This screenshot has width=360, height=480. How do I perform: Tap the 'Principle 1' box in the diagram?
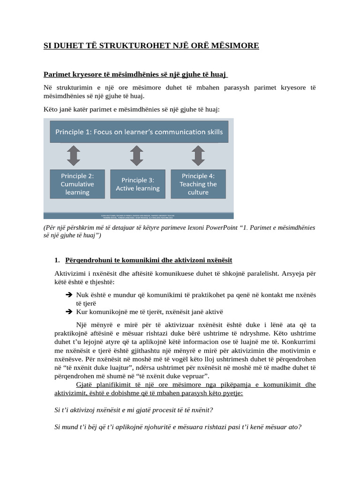click(x=139, y=132)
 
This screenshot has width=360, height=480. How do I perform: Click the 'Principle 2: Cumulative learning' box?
click(x=77, y=184)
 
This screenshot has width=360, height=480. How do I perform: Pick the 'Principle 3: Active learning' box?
click(x=138, y=184)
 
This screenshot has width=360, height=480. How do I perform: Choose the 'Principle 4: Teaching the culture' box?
click(x=198, y=184)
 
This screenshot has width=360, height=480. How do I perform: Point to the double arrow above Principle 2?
click(x=74, y=156)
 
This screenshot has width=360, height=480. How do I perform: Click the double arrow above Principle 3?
click(x=136, y=156)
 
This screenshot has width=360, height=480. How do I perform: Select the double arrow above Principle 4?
click(x=198, y=156)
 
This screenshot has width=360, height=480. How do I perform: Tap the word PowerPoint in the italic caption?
click(x=221, y=227)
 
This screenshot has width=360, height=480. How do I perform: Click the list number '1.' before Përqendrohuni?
click(x=57, y=260)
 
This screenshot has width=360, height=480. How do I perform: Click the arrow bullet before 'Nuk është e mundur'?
click(x=68, y=295)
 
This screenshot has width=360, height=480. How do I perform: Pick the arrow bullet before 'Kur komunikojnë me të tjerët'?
click(x=68, y=312)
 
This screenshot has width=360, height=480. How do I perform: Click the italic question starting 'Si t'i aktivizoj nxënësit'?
click(x=134, y=410)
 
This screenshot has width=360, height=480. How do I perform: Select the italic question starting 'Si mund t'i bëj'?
click(x=178, y=427)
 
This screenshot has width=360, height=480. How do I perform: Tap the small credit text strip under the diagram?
click(x=139, y=216)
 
